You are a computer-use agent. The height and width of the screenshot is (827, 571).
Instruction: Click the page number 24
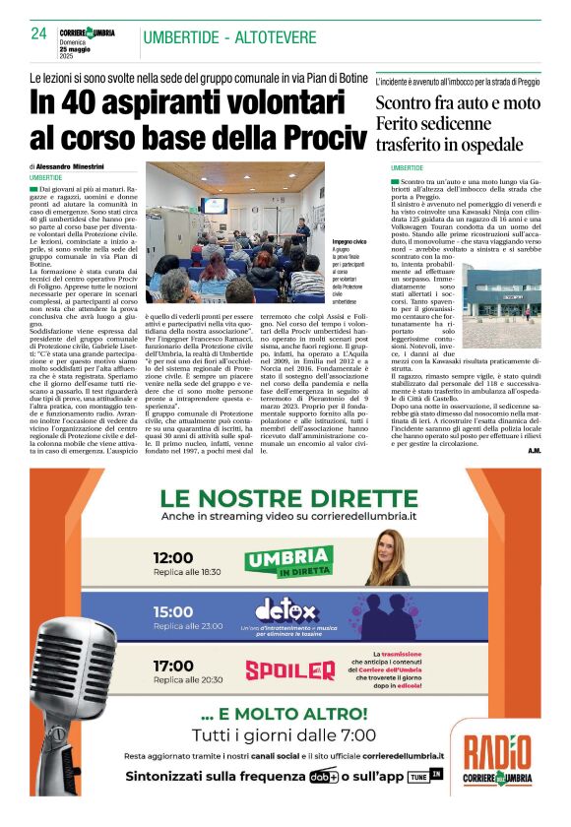coord(38,32)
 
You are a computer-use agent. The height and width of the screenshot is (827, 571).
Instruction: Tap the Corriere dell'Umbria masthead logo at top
coord(87,32)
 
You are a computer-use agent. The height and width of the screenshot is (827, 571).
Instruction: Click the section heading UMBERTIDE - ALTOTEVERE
coord(229,38)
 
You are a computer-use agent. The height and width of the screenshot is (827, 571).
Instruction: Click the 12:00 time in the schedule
coord(173,557)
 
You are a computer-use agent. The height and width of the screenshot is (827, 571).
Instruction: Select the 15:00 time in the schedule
coord(173,611)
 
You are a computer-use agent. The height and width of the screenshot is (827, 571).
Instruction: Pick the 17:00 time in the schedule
coord(173,666)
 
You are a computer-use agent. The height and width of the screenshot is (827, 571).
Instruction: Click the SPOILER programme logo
coord(290,670)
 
